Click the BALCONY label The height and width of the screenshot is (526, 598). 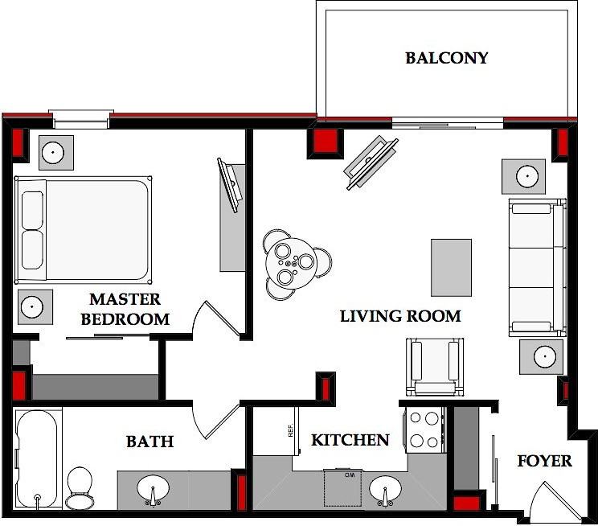tap(447, 58)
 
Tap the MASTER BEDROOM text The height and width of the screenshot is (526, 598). tap(125, 309)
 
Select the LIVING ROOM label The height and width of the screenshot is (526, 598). tap(400, 316)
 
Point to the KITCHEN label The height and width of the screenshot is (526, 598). tap(350, 440)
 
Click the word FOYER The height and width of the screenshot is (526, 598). tap(545, 461)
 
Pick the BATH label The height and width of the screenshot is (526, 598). tap(149, 442)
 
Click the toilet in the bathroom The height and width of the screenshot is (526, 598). tap(80, 488)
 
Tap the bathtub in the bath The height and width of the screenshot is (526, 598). tap(37, 459)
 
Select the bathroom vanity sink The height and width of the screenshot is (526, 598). tap(154, 491)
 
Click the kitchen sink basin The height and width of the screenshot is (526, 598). tap(385, 491)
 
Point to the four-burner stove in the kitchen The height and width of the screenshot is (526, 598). tap(425, 429)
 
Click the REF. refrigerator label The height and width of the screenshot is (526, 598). tap(291, 430)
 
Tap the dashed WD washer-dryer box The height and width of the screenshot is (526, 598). tap(342, 488)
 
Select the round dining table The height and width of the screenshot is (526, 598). tap(292, 263)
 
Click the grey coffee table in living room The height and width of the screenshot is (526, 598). tap(451, 268)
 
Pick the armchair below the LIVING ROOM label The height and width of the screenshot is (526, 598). tap(435, 368)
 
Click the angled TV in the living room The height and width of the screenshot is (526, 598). tap(371, 162)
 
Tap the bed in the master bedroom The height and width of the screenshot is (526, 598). tap(83, 230)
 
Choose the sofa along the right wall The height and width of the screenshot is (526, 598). tap(538, 267)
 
